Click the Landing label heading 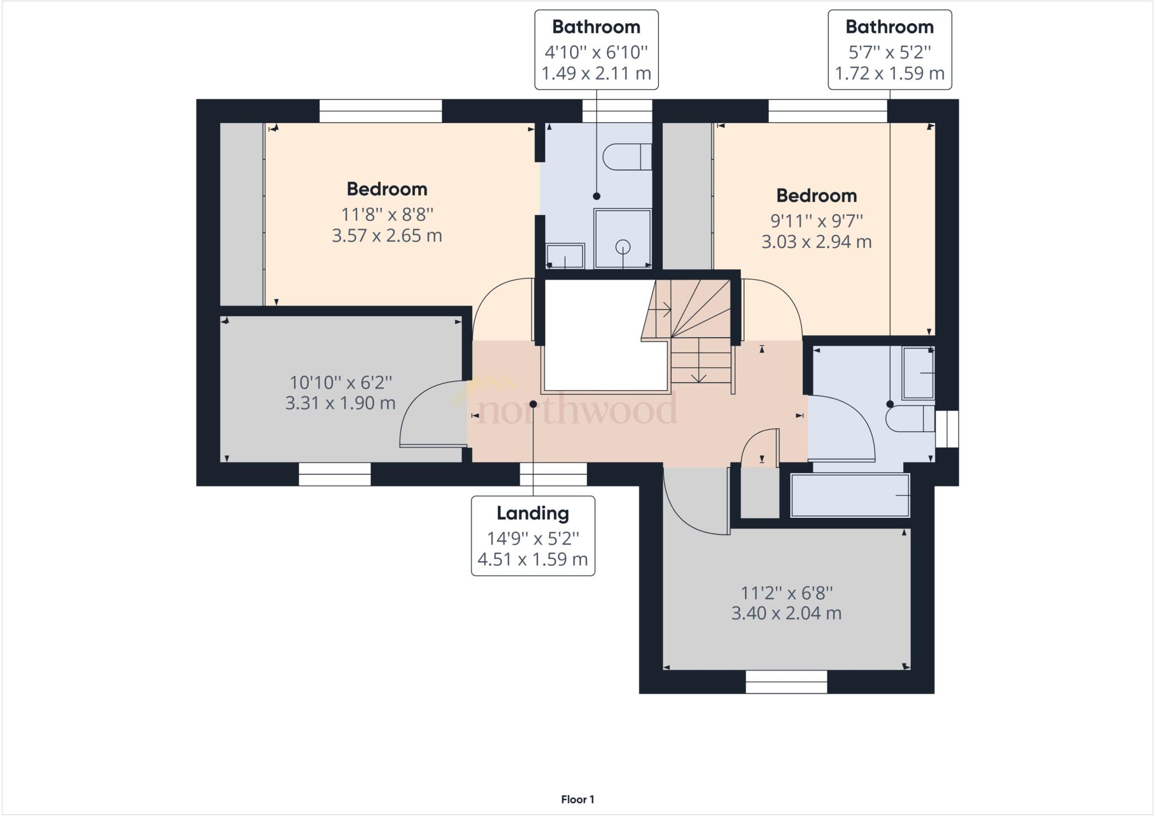(532, 513)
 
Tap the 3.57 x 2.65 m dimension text (387, 235)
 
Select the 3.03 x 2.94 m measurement (816, 242)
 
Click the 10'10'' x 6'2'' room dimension (340, 382)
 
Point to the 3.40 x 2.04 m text (786, 613)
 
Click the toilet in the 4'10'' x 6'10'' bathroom (627, 156)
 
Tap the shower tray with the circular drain (623, 238)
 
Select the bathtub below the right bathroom (850, 495)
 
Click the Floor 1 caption (577, 800)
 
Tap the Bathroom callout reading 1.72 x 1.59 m (890, 50)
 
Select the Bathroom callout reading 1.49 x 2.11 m (596, 50)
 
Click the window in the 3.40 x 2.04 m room (786, 682)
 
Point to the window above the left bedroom (380, 111)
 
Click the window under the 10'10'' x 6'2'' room (335, 474)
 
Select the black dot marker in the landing (533, 404)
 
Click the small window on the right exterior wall (947, 429)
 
